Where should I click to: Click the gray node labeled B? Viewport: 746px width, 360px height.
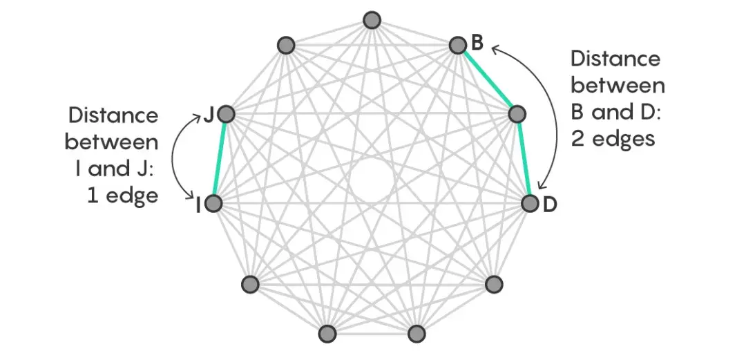457,46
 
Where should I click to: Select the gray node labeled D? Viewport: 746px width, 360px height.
530,204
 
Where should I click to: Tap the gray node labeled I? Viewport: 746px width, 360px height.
213,204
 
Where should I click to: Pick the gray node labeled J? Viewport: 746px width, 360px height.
227,115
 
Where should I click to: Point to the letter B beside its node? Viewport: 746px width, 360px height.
477,43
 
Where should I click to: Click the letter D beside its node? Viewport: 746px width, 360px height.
550,205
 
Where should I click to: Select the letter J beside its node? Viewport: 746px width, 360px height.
208,115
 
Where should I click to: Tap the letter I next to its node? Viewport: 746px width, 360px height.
198,205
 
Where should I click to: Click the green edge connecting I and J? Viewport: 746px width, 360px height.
220,160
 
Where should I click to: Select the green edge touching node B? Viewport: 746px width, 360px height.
486,80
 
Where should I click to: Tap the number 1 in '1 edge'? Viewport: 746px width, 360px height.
92,195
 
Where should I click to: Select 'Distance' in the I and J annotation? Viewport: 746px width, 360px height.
113,115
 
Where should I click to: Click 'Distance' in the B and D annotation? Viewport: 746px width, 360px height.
615,59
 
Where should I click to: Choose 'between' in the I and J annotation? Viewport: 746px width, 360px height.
112,142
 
